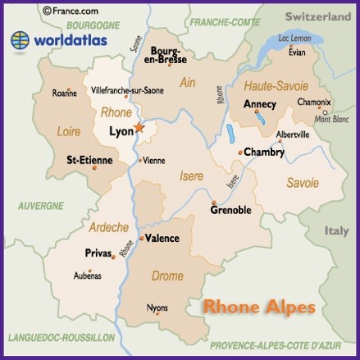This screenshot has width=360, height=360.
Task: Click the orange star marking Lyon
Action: [139, 128]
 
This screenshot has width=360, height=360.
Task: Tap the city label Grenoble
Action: [230, 210]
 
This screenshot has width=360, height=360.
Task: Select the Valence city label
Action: [162, 238]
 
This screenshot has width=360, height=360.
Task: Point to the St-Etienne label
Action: [89, 159]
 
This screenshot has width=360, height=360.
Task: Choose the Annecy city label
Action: [260, 104]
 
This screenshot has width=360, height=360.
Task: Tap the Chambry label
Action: [265, 152]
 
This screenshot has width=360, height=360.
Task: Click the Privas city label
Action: [98, 254]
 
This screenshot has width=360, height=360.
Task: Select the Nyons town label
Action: [157, 308]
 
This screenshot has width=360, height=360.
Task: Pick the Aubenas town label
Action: [88, 276]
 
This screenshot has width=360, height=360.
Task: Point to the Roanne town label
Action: [64, 93]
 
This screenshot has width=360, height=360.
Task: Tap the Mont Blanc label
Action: [332, 120]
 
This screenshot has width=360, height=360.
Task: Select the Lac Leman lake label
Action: [296, 38]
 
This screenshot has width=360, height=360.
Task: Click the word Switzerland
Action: [317, 16]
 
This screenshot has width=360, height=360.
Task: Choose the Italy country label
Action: [336, 231]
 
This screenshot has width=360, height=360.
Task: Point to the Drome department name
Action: [167, 276]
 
